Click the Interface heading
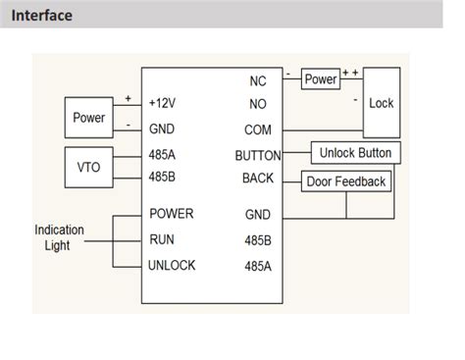(x=42, y=16)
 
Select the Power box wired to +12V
(x=89, y=118)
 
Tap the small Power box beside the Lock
(x=320, y=78)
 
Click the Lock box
(x=381, y=102)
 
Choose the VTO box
(x=89, y=166)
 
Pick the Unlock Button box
(x=355, y=153)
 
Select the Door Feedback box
(x=345, y=181)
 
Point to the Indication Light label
(x=60, y=238)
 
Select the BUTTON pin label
(x=258, y=155)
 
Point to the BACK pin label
(x=258, y=179)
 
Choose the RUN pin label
(x=162, y=238)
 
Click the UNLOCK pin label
(x=172, y=265)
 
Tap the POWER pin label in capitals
(x=171, y=213)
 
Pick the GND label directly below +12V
(x=162, y=129)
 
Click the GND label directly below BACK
(x=257, y=214)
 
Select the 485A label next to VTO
(x=163, y=154)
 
